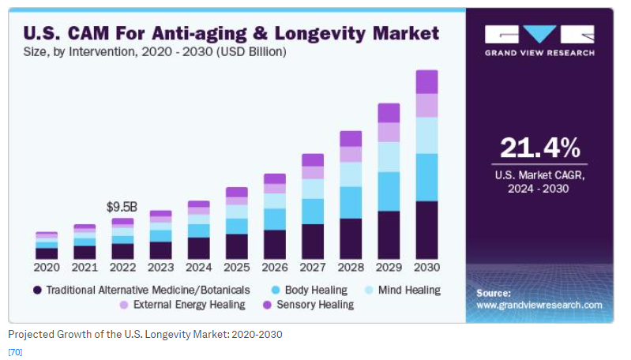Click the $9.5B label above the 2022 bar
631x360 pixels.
pyautogui.click(x=122, y=207)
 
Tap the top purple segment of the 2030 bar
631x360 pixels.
pyautogui.click(x=426, y=81)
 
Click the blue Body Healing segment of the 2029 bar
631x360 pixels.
pyautogui.click(x=389, y=192)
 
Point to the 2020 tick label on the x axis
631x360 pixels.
pyautogui.click(x=47, y=267)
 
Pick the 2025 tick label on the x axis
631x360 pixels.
pyautogui.click(x=237, y=267)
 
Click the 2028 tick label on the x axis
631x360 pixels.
pyautogui.click(x=351, y=267)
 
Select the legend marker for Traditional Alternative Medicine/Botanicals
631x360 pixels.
pyautogui.click(x=37, y=290)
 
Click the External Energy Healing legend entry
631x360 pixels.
pyautogui.click(x=182, y=304)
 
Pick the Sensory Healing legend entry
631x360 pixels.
pyautogui.click(x=313, y=304)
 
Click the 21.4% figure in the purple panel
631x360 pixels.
pyautogui.click(x=539, y=148)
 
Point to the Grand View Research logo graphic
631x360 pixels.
pyautogui.click(x=539, y=36)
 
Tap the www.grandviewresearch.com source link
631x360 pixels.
pyautogui.click(x=539, y=305)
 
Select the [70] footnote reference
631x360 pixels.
pyautogui.click(x=15, y=351)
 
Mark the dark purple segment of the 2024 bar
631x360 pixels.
pyautogui.click(x=199, y=248)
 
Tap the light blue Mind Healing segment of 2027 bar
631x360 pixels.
pyautogui.click(x=313, y=189)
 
